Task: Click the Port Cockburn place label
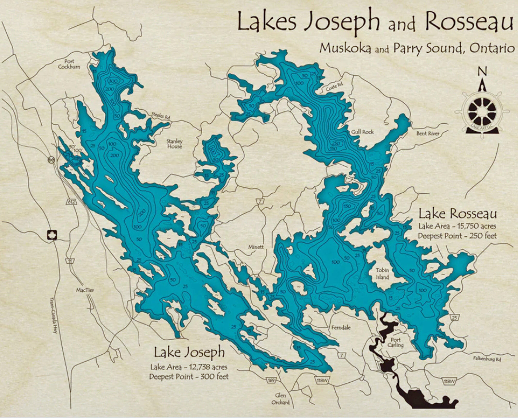[x=69, y=64]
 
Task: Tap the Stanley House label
[x=174, y=144]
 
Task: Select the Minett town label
[x=256, y=247]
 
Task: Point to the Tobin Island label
[x=382, y=274]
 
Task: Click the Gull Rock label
[x=362, y=132]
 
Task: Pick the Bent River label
[x=428, y=133]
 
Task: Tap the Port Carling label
[x=395, y=342]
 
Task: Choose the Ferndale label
[x=341, y=328]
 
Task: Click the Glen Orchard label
[x=280, y=399]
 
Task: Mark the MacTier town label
[x=85, y=290]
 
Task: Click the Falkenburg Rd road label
[x=487, y=358]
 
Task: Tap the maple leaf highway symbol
[x=52, y=235]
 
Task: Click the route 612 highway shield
[x=71, y=202]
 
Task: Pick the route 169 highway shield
[x=271, y=380]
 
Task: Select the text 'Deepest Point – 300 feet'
[x=189, y=376]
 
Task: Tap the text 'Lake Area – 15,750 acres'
[x=457, y=226]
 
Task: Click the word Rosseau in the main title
[x=469, y=22]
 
